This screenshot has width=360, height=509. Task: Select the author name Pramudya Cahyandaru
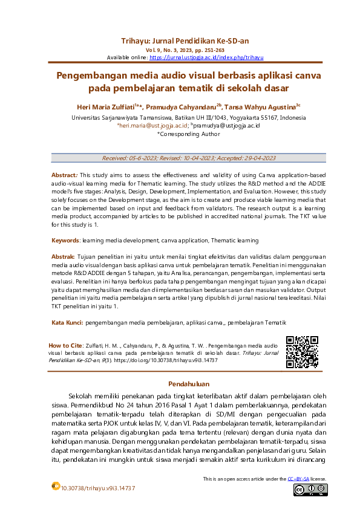pos(183,107)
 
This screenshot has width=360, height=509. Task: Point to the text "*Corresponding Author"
pos(180,134)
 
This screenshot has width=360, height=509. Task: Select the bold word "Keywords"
pos(65,240)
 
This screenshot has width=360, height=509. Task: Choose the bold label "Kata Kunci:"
pos(67,322)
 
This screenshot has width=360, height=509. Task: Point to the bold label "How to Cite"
pos(65,345)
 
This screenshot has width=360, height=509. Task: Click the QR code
pos(302,352)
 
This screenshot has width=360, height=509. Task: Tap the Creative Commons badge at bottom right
pos(310,489)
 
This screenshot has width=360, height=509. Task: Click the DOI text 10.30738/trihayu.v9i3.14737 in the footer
pos(98,488)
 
